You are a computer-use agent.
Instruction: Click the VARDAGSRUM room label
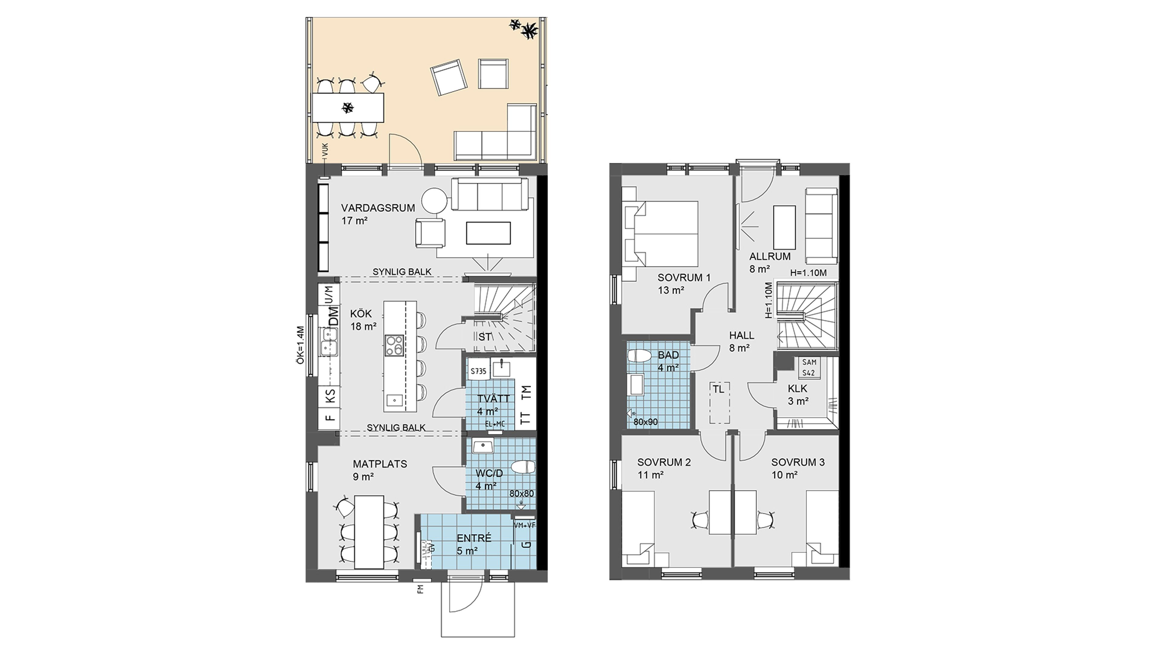tap(378, 208)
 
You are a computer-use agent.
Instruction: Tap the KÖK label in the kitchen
tap(361, 314)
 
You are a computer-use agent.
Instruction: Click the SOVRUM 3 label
tap(798, 462)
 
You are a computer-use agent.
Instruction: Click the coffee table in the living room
tap(488, 233)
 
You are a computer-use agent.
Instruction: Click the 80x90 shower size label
tap(646, 422)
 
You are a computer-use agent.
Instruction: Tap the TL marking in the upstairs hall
tap(719, 389)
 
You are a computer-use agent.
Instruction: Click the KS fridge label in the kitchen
tap(330, 396)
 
